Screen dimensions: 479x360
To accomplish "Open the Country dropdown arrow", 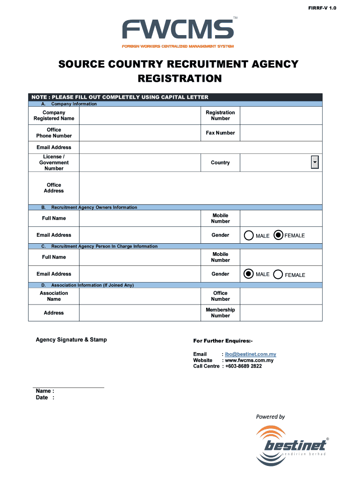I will point(315,162).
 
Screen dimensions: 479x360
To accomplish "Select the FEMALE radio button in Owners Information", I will point(278,235).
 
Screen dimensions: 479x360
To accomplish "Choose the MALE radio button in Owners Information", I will point(248,236).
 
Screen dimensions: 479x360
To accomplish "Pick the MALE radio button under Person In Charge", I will point(249,274).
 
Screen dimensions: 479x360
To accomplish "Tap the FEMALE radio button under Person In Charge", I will point(278,275).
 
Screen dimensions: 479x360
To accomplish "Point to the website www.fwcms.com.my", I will point(249,360).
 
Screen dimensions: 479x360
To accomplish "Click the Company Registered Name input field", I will point(140,116).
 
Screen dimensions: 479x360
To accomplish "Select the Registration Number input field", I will point(281,116).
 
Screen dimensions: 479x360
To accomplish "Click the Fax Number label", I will point(220,133).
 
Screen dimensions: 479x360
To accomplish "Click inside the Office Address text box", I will point(201,188).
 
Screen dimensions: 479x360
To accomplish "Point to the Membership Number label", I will point(220,313).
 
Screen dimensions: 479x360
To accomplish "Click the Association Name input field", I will point(140,296).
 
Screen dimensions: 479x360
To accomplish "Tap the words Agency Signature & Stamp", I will point(72,340).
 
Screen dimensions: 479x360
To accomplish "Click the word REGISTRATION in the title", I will point(180,79).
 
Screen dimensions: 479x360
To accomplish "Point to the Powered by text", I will point(270,417).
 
